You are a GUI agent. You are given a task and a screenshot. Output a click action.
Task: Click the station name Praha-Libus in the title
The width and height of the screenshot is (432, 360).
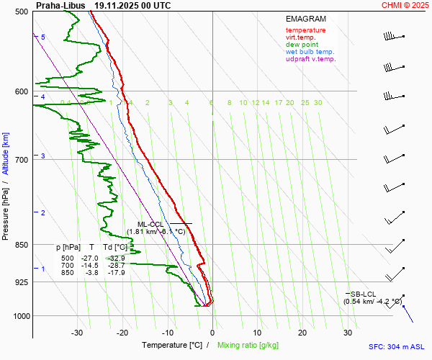tap(60, 5)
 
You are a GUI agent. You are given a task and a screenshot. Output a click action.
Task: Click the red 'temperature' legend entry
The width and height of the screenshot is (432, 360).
tap(305, 30)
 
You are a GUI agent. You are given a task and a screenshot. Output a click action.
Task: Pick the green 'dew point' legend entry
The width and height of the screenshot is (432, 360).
tap(302, 45)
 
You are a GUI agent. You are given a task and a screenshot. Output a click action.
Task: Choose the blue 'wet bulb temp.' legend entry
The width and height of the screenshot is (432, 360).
tap(310, 52)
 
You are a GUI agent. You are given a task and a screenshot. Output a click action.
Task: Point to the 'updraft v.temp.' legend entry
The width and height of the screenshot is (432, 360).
tap(310, 59)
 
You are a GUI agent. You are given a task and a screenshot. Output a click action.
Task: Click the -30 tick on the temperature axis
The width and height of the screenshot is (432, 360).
tap(77, 333)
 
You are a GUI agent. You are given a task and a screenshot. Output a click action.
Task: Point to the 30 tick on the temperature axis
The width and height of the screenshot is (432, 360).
tap(348, 333)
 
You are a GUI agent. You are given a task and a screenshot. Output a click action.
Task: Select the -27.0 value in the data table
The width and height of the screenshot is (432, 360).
tap(90, 258)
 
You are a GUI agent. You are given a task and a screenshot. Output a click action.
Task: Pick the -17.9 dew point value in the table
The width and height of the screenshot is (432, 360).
tap(117, 273)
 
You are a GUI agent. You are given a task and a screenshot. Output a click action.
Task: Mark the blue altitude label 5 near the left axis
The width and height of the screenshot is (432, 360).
tap(43, 37)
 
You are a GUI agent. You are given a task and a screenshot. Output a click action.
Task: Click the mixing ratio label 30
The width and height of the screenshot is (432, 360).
tap(318, 103)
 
